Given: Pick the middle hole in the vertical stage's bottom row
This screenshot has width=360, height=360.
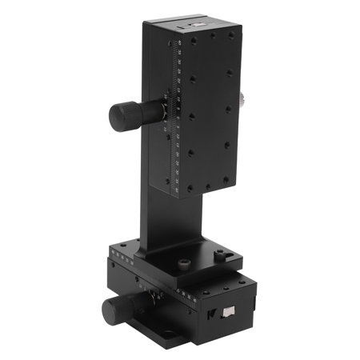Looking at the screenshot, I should coord(206,187).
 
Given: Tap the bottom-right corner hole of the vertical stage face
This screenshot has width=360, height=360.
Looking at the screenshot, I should coord(230,180).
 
